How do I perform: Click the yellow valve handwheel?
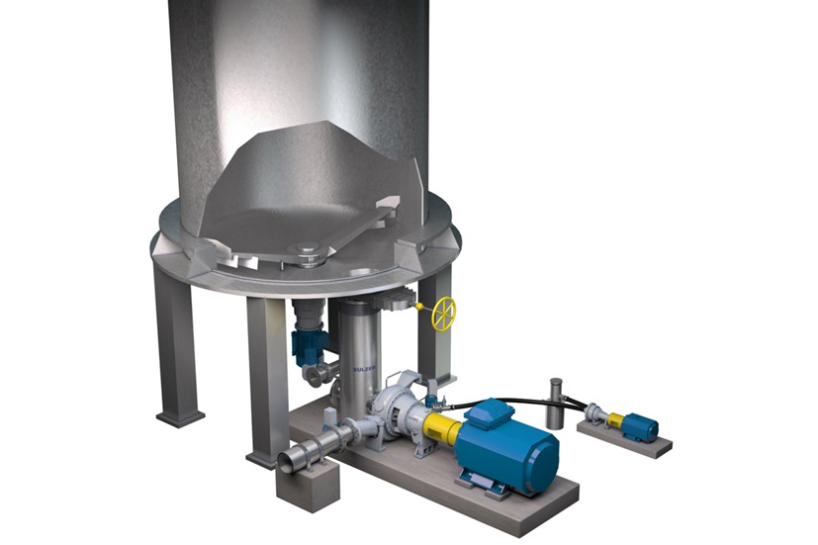tap(444, 314)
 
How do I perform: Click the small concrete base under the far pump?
tap(623, 444)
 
